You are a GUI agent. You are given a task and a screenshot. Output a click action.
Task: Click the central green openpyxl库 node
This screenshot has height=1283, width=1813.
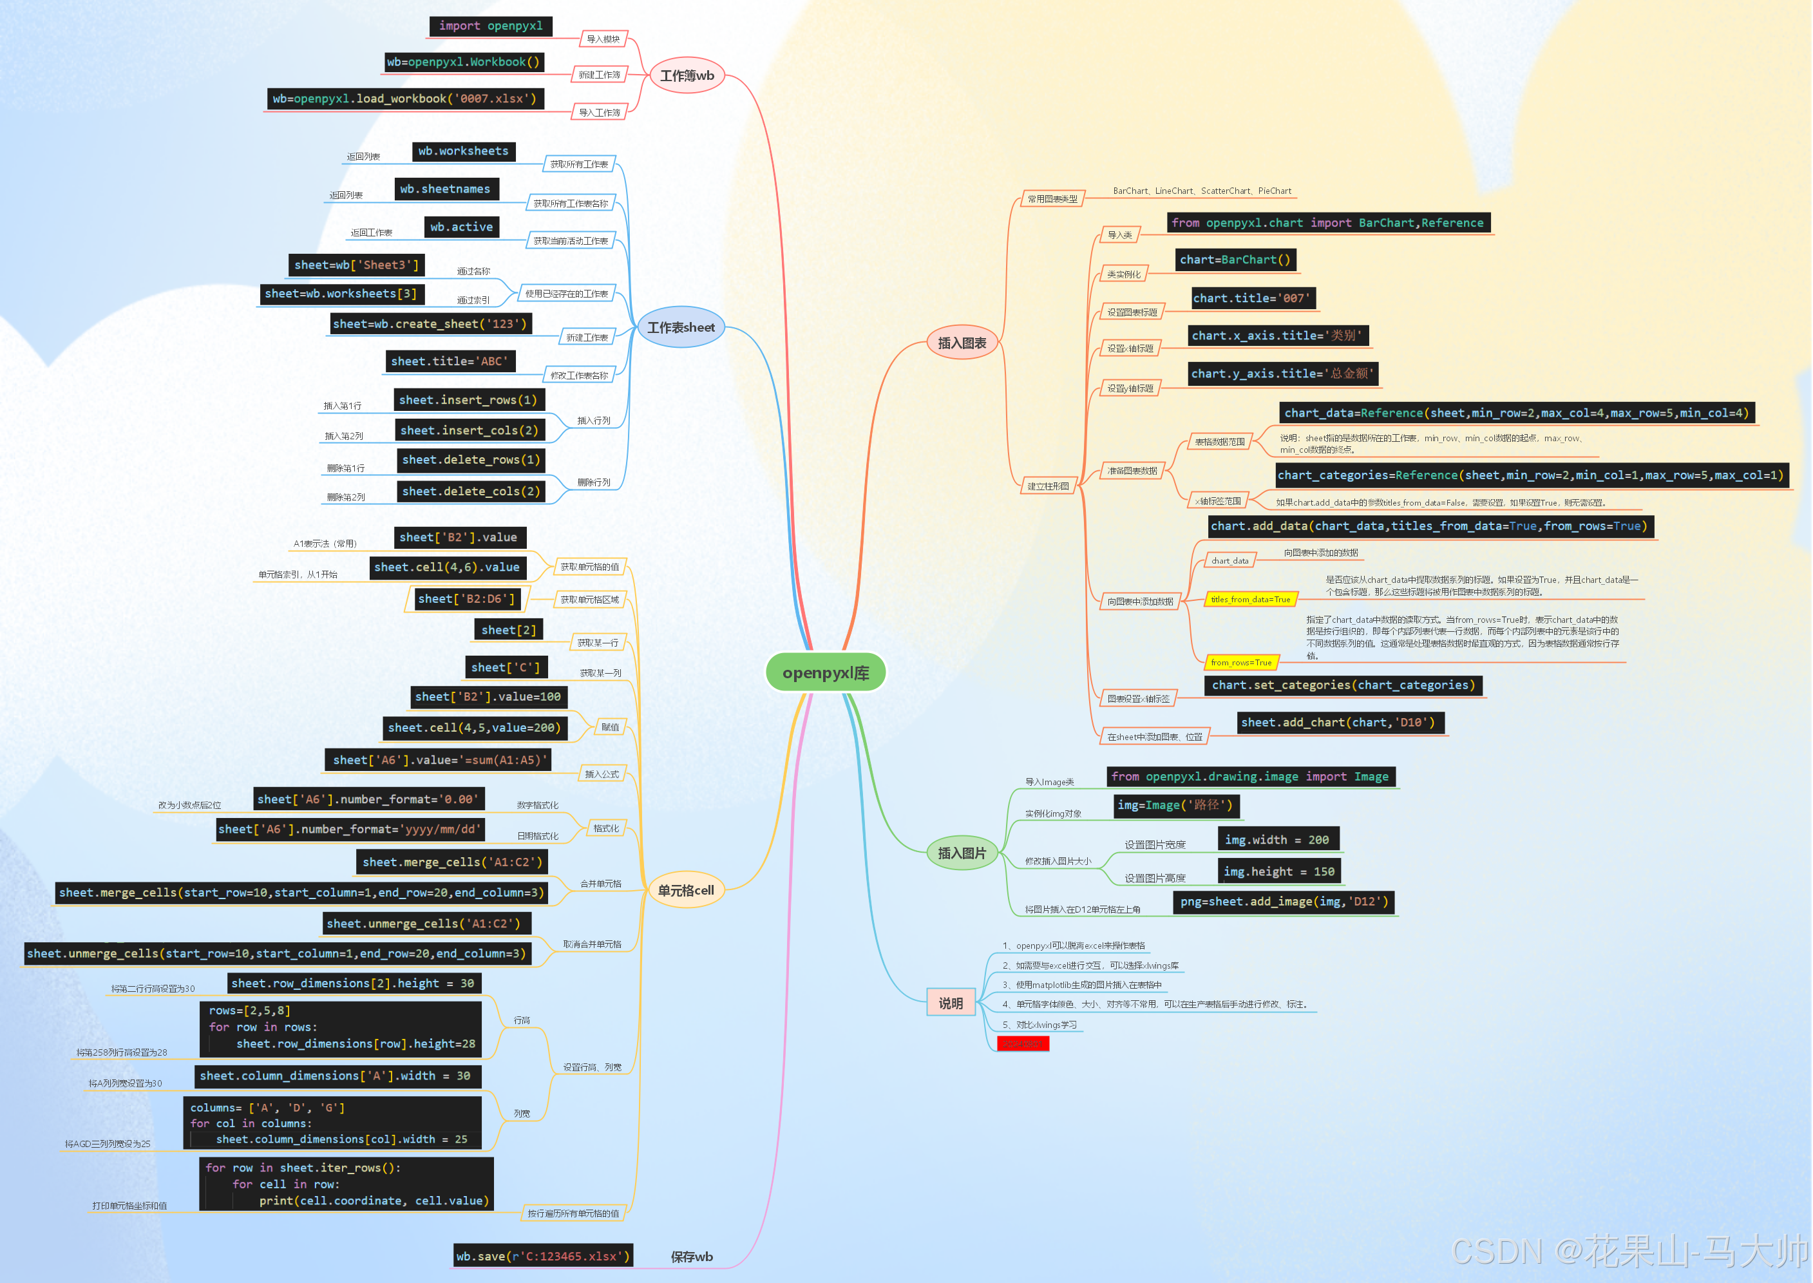[x=826, y=672]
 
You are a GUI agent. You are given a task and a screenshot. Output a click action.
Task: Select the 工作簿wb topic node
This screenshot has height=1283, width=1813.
[x=687, y=76]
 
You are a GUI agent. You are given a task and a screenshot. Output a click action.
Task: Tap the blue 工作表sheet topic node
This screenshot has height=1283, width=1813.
[x=680, y=327]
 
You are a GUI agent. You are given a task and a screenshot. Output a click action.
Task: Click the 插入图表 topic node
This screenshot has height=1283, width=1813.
[x=962, y=343]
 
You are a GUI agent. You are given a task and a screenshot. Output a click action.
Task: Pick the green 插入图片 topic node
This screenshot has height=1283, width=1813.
[x=962, y=853]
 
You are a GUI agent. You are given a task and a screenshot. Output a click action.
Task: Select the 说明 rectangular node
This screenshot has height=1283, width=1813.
[x=951, y=1003]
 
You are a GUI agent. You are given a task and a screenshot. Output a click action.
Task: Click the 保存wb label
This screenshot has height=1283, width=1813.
[x=691, y=1256]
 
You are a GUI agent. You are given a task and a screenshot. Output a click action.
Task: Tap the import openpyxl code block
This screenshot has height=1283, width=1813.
[x=491, y=26]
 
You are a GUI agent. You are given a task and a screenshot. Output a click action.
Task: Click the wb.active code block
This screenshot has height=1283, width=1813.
[x=461, y=227]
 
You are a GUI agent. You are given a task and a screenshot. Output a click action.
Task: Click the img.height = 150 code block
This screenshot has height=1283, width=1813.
[x=1278, y=871]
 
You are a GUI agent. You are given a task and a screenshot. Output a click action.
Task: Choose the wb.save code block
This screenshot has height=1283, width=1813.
[x=543, y=1255]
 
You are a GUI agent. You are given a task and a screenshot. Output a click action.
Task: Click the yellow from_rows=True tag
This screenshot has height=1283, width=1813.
[x=1240, y=662]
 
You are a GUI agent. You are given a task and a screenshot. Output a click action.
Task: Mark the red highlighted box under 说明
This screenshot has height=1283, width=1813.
[x=1022, y=1043]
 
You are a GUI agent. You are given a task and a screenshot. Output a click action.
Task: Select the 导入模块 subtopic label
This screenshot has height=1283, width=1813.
[x=603, y=39]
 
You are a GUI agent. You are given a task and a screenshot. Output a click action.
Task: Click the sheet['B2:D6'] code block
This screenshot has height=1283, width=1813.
[x=466, y=599]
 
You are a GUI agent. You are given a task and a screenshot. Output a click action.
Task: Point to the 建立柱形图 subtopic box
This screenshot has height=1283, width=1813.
[x=1047, y=486]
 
